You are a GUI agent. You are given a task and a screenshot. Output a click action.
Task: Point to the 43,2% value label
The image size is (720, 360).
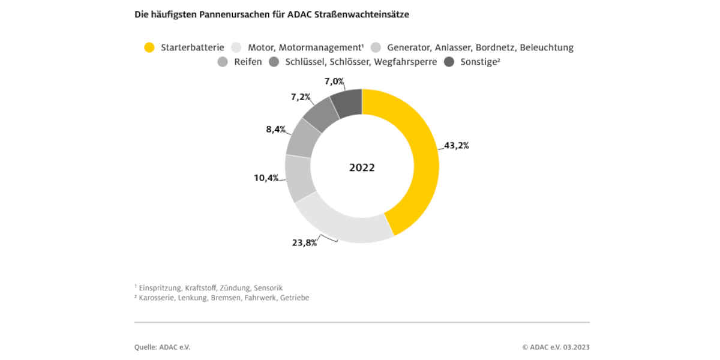click(456, 146)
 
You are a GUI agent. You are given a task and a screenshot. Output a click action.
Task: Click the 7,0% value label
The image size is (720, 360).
click(334, 80)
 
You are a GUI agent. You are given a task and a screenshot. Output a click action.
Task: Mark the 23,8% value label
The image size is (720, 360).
click(304, 243)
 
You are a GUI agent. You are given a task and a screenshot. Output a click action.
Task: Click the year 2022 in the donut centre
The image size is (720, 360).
click(362, 168)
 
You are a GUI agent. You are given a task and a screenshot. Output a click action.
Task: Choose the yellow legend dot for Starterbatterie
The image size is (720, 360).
click(149, 47)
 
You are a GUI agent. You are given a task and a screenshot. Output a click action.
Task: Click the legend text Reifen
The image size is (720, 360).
click(248, 62)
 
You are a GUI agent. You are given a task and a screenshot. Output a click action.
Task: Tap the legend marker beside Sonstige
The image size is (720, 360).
click(449, 62)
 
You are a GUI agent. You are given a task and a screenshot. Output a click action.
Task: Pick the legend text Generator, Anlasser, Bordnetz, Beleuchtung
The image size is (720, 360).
click(480, 47)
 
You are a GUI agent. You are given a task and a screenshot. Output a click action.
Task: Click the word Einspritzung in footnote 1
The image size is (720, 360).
click(158, 288)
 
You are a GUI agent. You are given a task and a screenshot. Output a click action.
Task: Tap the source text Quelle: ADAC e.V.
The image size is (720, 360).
click(162, 347)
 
